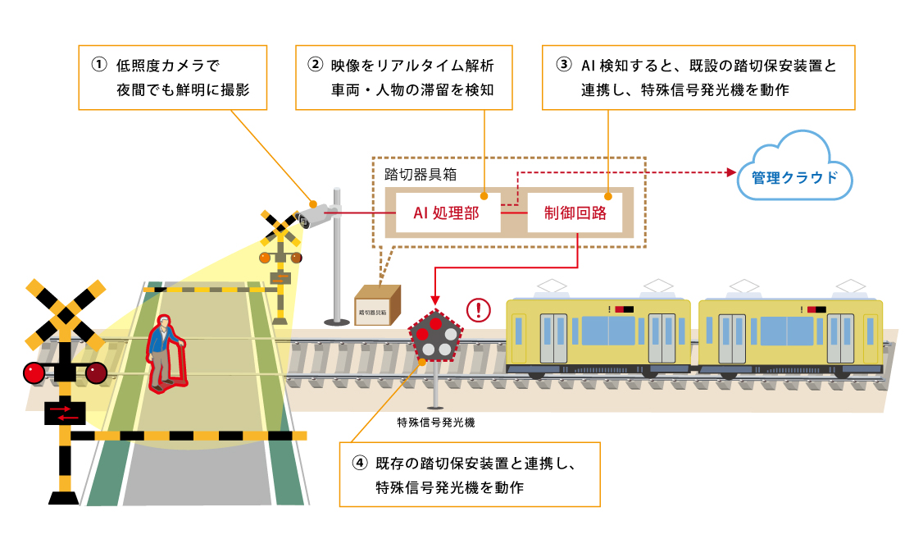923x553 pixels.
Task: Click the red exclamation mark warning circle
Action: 478,310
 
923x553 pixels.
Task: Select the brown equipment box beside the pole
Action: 377,305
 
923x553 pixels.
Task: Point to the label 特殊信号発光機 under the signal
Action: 435,423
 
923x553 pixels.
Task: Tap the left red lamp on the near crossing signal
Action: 34,372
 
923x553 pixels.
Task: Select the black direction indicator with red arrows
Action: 65,412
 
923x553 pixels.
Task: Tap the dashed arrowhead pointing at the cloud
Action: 729,172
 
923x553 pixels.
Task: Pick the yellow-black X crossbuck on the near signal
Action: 66,314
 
